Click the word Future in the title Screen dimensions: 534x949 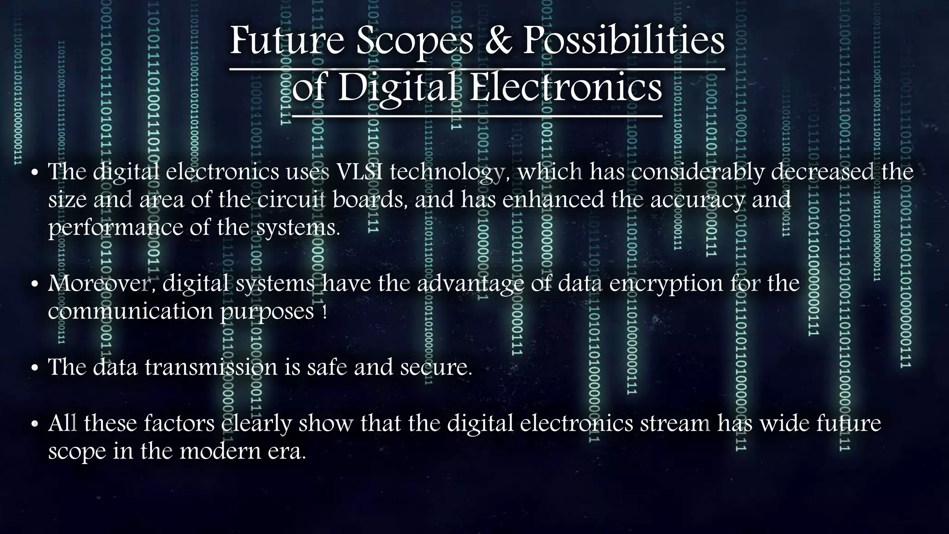point(287,41)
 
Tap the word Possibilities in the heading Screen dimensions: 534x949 point(624,41)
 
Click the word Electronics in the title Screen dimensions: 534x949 point(566,88)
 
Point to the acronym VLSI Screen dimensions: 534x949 point(360,172)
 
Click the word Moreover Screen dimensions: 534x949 point(101,283)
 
